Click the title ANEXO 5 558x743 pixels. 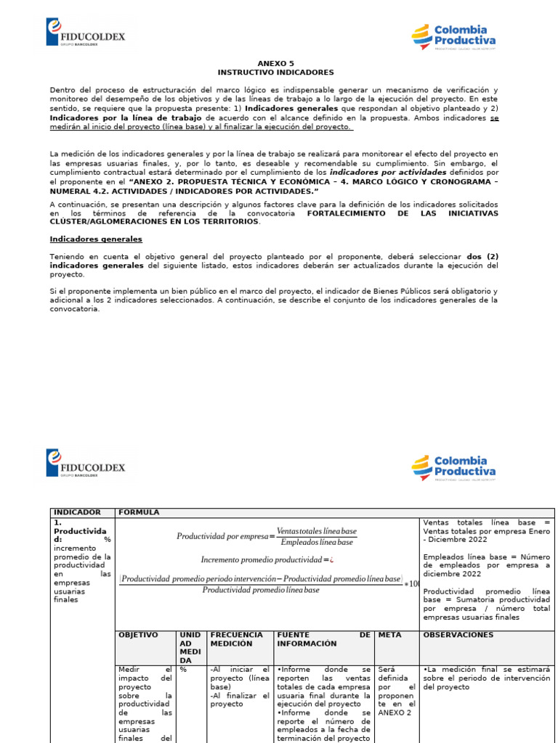[x=275, y=63]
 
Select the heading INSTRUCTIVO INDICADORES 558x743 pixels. [x=275, y=73]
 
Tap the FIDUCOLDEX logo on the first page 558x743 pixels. [x=86, y=33]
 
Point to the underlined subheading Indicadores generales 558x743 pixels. [x=96, y=239]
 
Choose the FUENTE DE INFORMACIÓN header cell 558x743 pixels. [x=323, y=639]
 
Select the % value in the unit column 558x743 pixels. [x=184, y=669]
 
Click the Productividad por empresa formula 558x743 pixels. [x=266, y=536]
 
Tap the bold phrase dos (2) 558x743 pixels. [x=482, y=257]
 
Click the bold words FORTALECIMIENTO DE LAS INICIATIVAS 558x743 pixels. [x=403, y=213]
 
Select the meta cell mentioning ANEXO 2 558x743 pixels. [x=396, y=691]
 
